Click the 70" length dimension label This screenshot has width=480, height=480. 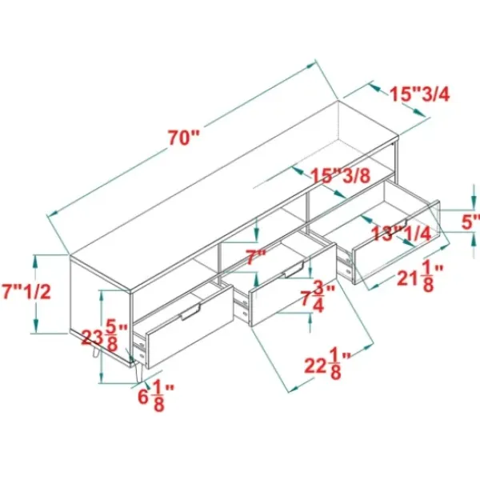(183, 138)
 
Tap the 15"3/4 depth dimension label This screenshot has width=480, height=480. (420, 94)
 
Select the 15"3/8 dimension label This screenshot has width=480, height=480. (341, 176)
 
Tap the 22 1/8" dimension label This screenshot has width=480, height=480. (327, 366)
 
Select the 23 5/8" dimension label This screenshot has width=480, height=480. (104, 335)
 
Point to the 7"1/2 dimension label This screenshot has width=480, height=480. (26, 292)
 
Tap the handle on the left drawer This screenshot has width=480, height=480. (190, 312)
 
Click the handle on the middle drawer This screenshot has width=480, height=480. (294, 270)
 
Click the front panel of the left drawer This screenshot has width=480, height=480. (190, 327)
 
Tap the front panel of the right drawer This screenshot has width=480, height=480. (397, 242)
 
